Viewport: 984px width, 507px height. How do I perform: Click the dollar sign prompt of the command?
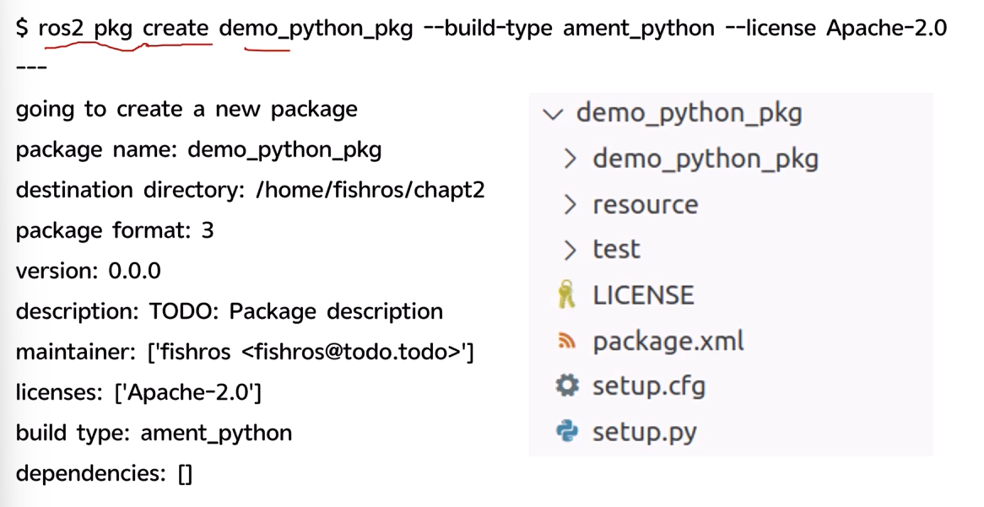22,28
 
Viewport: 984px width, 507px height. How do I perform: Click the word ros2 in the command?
61,28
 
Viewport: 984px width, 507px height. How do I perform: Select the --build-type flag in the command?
489,28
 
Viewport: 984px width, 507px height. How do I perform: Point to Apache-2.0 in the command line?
886,28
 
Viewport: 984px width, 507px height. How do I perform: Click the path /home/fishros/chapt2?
370,190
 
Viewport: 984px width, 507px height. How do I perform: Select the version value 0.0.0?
134,271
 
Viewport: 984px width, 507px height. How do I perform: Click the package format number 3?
207,231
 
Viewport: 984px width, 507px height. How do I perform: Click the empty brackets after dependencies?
185,473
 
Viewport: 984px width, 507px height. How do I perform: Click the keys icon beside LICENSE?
566,294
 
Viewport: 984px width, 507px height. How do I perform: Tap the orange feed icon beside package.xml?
566,341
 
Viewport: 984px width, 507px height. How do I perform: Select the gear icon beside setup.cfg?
566,386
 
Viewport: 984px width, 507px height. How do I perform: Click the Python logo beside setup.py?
566,431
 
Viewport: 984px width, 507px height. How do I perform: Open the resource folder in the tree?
645,205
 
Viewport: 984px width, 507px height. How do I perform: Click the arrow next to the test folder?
570,250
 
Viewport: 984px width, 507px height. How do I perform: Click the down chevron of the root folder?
553,114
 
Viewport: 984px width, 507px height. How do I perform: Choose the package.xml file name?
668,342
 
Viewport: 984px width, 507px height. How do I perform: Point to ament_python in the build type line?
216,434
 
